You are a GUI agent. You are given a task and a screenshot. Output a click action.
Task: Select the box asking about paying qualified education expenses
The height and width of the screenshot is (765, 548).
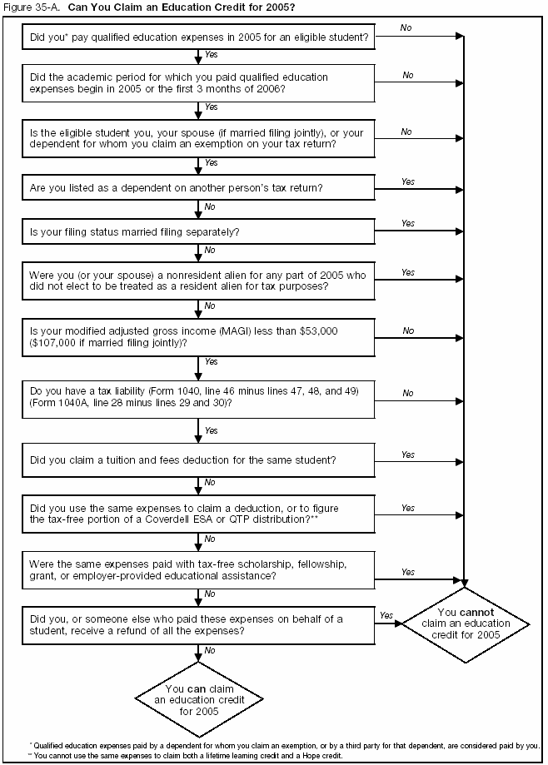tap(199, 37)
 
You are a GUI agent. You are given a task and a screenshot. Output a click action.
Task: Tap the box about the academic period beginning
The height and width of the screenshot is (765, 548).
tap(199, 82)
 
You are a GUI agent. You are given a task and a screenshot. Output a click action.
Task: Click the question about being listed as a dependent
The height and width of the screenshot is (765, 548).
tap(199, 187)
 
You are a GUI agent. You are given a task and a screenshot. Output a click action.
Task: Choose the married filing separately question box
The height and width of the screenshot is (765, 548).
tap(199, 231)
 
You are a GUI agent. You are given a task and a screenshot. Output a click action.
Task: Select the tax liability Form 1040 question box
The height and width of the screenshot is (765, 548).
tap(199, 396)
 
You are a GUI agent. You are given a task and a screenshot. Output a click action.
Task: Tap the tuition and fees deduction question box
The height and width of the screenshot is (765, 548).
tap(199, 459)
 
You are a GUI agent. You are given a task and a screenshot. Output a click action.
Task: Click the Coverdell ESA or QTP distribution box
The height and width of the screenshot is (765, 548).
tap(199, 514)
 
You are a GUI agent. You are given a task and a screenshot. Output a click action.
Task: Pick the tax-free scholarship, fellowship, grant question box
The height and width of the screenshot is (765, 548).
tap(199, 569)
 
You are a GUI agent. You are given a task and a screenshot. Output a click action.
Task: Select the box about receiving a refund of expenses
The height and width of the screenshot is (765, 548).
tap(199, 624)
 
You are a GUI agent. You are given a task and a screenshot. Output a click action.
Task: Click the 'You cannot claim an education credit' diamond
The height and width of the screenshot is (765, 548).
tap(466, 623)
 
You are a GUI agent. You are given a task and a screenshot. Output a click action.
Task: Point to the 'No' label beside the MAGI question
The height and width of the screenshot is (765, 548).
tap(408, 330)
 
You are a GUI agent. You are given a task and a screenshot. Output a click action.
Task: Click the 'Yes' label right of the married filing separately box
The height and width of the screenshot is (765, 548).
tap(408, 223)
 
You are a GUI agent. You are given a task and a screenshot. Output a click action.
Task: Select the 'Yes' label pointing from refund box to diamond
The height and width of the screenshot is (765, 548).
tap(386, 616)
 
